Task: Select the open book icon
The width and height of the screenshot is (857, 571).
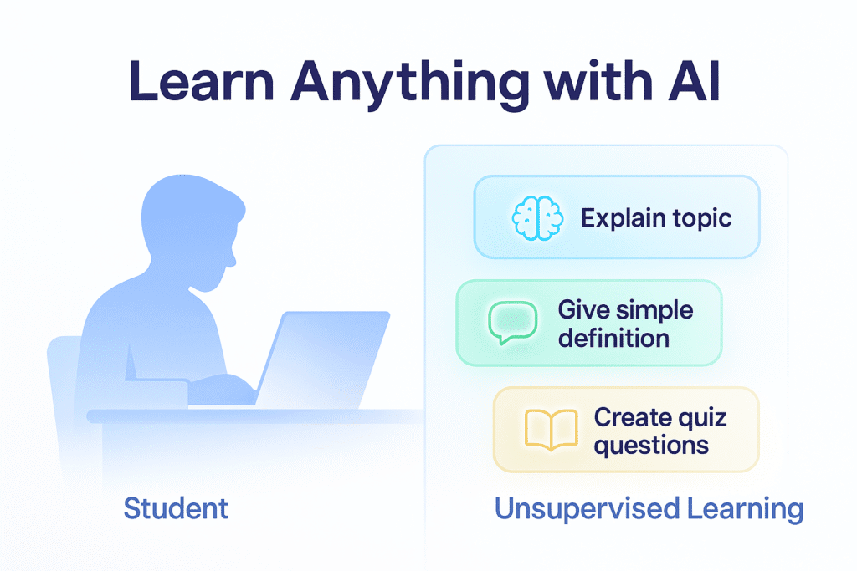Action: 550,429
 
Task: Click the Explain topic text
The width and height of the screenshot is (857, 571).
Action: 657,219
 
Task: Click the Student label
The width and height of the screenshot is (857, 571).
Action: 176,507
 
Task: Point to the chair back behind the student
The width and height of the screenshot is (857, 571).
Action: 64,376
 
